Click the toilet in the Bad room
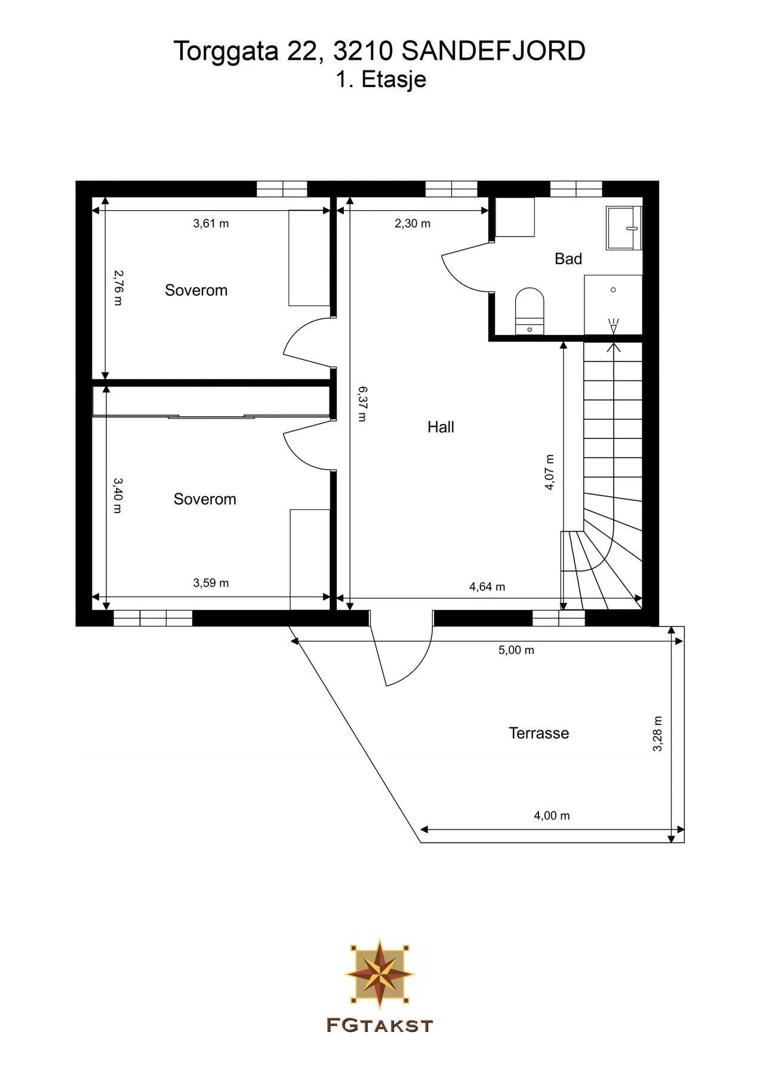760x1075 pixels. click(x=530, y=311)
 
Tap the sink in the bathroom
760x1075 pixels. click(x=624, y=228)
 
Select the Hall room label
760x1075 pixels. click(x=441, y=427)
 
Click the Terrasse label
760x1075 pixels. click(x=539, y=733)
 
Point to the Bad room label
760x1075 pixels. click(x=568, y=259)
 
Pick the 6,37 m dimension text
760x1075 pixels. click(x=362, y=404)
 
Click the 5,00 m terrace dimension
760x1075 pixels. click(x=516, y=650)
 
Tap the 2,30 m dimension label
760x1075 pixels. click(x=413, y=223)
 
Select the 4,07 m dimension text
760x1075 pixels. click(x=549, y=472)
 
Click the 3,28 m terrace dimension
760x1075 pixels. click(x=657, y=733)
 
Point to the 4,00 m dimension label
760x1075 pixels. click(x=552, y=815)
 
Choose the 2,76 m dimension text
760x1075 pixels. click(x=118, y=288)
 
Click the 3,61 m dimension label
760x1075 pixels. click(x=211, y=223)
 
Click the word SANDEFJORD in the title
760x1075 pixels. click(x=493, y=51)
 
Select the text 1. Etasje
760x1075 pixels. click(x=380, y=79)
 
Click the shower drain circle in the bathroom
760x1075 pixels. click(x=613, y=290)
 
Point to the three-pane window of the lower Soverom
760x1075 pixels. click(x=153, y=618)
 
